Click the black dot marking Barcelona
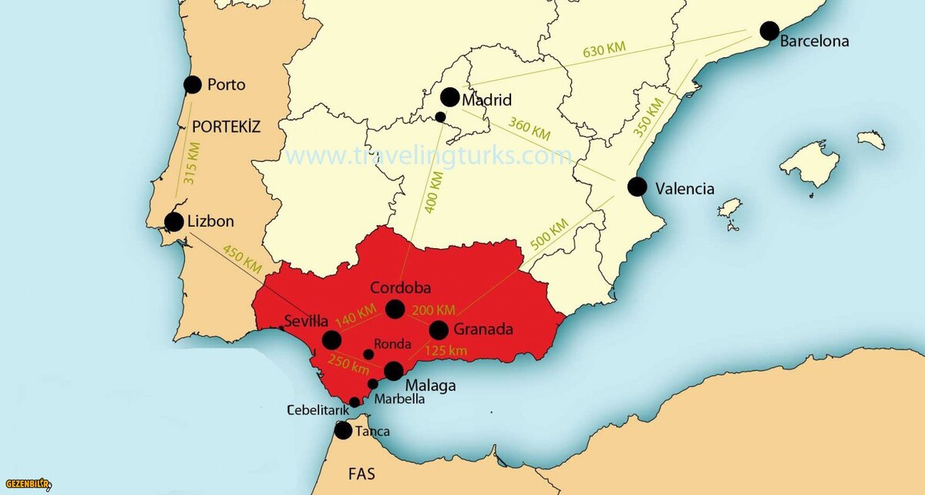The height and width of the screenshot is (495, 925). (x=769, y=31)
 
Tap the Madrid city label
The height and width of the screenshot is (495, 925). (x=486, y=100)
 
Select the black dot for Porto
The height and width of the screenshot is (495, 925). (x=193, y=85)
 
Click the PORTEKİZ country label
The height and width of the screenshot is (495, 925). (x=227, y=126)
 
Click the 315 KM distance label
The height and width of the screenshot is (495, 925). (x=190, y=163)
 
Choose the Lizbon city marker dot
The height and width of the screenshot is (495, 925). (x=174, y=222)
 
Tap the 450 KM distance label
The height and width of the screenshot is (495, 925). (x=242, y=258)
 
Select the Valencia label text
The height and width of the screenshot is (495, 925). (x=684, y=188)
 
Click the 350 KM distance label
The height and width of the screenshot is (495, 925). (x=648, y=117)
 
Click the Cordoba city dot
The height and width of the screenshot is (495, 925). (x=395, y=309)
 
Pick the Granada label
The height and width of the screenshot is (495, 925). (x=483, y=329)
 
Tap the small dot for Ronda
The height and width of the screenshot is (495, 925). (x=368, y=355)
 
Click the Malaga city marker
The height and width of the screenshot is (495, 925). (x=393, y=372)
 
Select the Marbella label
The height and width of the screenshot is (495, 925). (x=399, y=399)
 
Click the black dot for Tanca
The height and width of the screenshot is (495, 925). (x=343, y=431)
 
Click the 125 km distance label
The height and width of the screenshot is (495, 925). (x=446, y=352)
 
